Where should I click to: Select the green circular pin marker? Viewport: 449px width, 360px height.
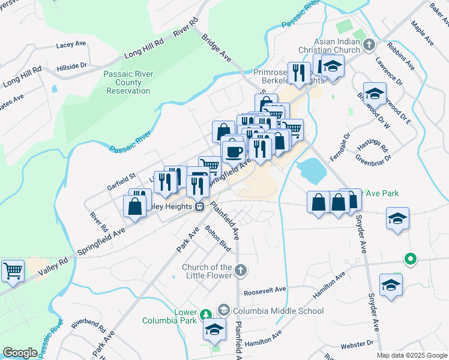pos(411,259)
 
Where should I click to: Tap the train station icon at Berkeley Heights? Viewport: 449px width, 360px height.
pos(199,206)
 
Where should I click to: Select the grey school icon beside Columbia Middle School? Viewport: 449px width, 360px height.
pos(224,310)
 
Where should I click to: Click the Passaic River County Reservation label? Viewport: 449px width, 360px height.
pos(128,82)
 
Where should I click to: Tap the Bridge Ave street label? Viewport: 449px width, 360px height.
pos(217,47)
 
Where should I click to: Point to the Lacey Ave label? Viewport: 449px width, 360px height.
pos(72,45)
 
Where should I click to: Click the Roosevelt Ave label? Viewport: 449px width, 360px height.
pos(265,289)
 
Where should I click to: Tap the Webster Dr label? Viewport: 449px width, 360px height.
pos(357,344)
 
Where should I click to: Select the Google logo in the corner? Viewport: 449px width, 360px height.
pos(20,353)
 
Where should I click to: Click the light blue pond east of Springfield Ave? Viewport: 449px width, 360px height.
pos(313,170)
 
